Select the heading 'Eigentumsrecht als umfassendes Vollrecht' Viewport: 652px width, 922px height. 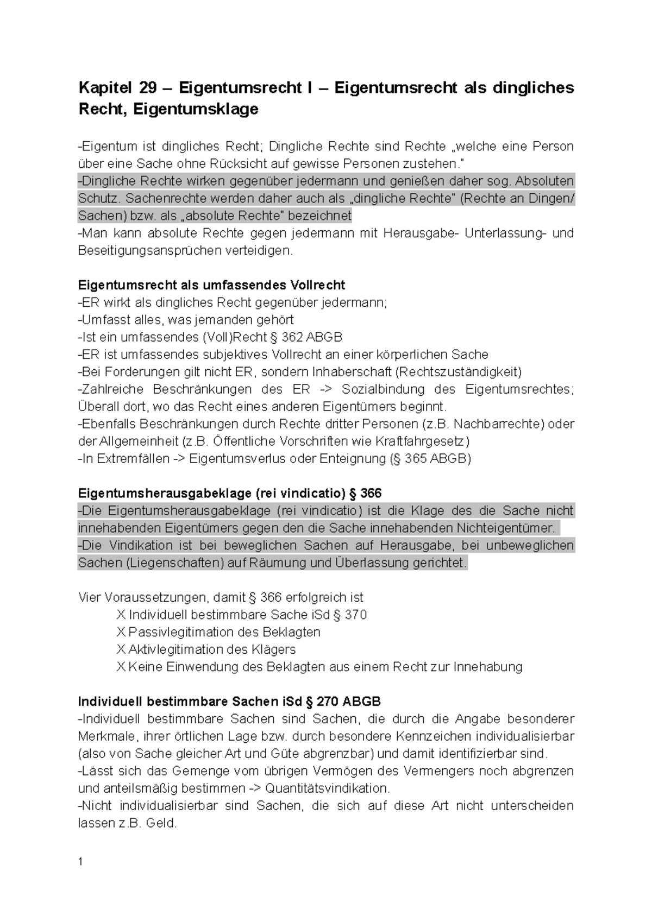(211, 285)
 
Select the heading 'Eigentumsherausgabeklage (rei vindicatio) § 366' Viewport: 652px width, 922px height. (230, 494)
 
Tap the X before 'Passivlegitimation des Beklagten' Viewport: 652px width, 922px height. (121, 633)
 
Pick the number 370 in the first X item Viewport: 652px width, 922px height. (356, 615)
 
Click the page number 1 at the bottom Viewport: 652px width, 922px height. (80, 862)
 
